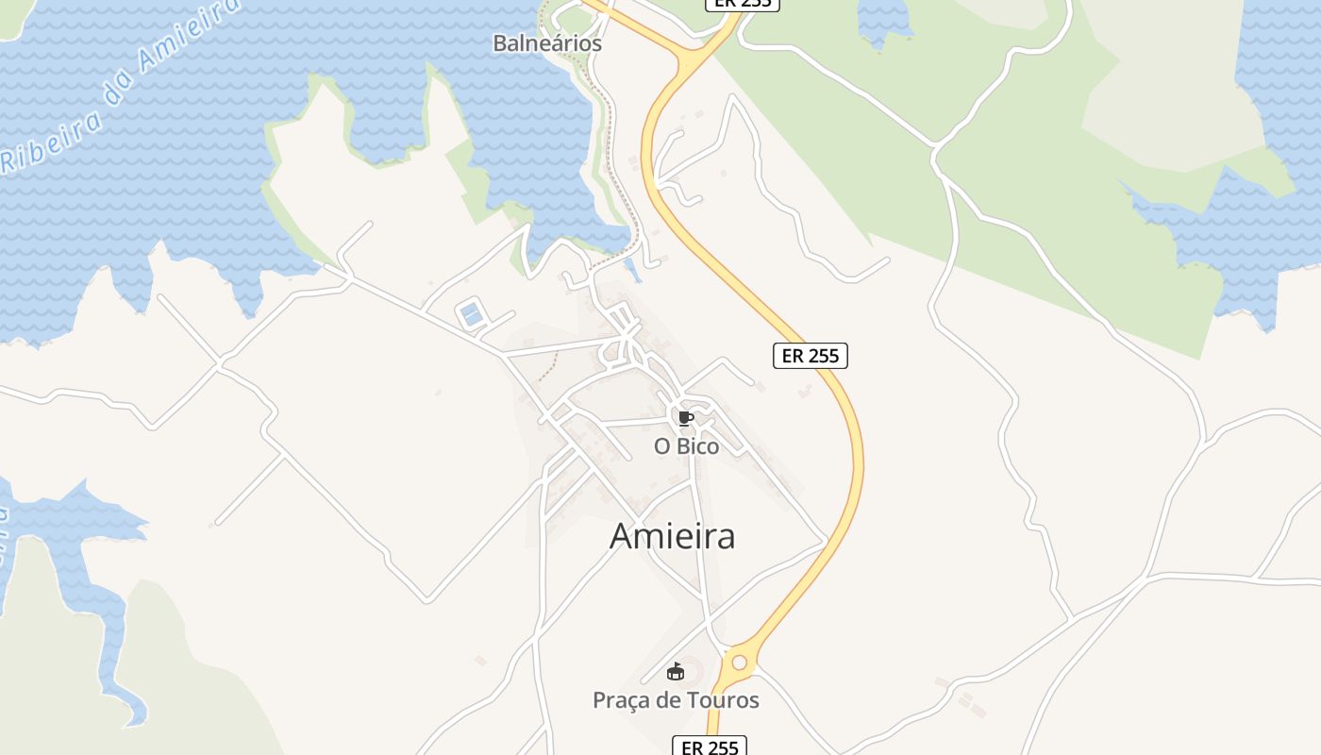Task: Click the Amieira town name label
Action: [672, 536]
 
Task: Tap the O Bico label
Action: [686, 446]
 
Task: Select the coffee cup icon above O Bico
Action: [685, 418]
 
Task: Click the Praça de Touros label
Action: [676, 700]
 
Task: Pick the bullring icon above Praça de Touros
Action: [675, 673]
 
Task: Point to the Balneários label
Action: [547, 43]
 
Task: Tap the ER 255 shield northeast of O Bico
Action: [811, 356]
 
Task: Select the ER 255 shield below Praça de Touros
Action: [709, 747]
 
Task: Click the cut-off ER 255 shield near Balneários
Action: [743, 4]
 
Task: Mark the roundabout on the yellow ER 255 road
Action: [739, 663]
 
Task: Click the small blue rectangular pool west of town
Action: [470, 313]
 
